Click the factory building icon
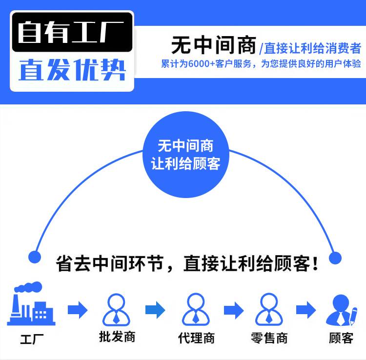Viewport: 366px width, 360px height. [31, 304]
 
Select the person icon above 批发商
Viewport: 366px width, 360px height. [116, 309]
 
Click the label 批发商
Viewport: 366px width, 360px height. [117, 337]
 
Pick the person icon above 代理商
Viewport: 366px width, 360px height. [196, 309]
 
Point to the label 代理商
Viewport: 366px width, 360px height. [196, 338]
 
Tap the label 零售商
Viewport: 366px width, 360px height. [269, 338]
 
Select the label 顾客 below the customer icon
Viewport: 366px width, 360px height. [341, 338]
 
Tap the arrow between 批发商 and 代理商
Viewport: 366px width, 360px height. [155, 310]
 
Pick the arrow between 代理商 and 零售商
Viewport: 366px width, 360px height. [233, 310]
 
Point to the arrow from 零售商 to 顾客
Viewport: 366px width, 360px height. [306, 310]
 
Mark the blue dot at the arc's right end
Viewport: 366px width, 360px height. [335, 258]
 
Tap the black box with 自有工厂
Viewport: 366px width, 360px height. [72, 33]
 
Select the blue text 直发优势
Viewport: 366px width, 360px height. [72, 70]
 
